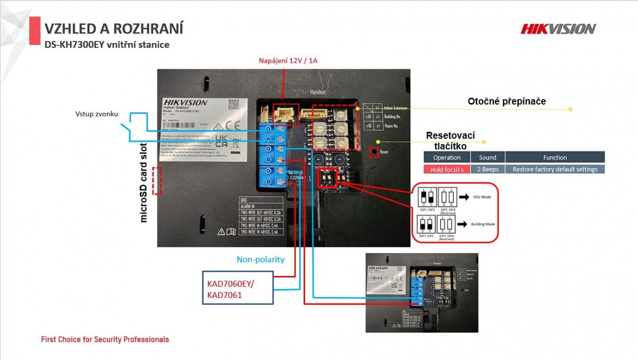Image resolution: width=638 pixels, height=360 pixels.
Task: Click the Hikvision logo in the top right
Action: pos(558,29)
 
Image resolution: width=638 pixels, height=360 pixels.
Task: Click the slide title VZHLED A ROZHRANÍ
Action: pos(114,28)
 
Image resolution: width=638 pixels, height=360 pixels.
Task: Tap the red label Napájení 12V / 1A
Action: pos(288,60)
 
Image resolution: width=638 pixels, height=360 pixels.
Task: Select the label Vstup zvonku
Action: pos(96,114)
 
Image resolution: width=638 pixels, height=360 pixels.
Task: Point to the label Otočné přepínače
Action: pos(507,102)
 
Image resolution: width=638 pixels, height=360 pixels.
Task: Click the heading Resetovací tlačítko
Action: pos(450,141)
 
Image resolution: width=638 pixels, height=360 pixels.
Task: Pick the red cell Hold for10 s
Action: pos(447,169)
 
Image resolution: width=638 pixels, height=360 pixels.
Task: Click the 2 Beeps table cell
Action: pos(488,169)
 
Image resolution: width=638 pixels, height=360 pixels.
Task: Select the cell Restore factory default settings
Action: pos(555,169)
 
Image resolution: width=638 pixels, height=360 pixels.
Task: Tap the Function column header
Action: pos(555,157)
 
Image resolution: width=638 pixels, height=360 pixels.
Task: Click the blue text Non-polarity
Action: pos(261,259)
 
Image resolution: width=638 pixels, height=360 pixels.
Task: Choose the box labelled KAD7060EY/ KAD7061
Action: pos(238,288)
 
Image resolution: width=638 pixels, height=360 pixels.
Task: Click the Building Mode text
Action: pos(483,224)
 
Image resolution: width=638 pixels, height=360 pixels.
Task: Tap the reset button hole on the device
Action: pos(374,152)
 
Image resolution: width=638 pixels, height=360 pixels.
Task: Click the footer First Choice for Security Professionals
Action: pos(105,339)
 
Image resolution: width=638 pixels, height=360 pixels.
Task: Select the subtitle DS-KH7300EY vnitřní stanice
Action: pos(107,45)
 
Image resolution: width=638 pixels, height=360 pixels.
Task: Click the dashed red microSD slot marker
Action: pos(156,181)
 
